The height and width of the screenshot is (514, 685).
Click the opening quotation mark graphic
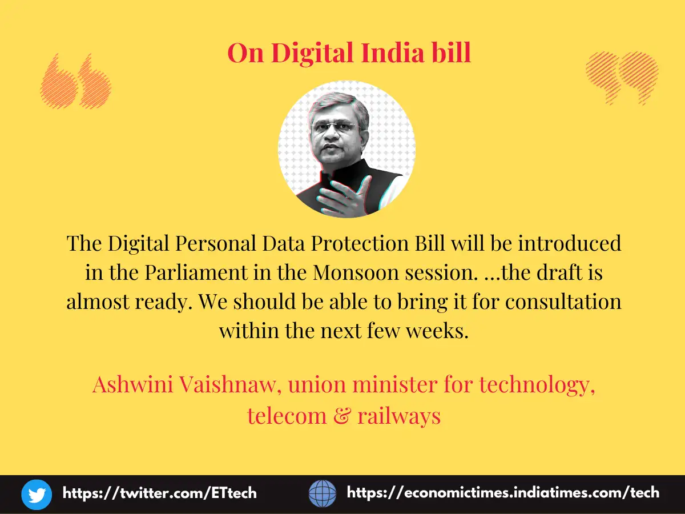tap(76, 81)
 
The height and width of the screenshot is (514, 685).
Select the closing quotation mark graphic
tap(622, 78)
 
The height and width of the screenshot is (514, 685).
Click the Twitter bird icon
tap(37, 495)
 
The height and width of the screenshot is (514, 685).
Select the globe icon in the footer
tap(323, 493)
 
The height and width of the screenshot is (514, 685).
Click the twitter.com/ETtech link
tap(159, 493)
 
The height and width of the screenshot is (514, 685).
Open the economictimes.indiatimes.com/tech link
tap(503, 493)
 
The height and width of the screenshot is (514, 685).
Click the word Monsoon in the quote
tap(356, 272)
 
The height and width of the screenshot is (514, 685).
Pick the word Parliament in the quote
tap(196, 272)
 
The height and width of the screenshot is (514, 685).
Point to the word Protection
tap(360, 243)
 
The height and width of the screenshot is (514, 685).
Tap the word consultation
tap(563, 302)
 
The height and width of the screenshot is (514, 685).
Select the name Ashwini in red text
tap(132, 384)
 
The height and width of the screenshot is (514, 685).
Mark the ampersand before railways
tap(342, 416)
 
